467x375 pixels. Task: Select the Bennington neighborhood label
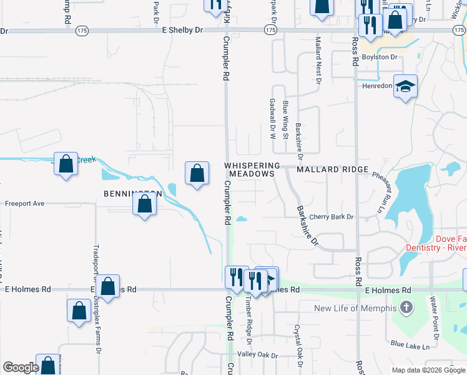(132, 194)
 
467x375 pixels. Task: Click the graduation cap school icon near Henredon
(405, 87)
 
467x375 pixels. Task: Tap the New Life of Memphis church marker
(406, 308)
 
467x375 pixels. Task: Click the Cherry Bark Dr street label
(331, 217)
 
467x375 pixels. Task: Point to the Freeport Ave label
(25, 204)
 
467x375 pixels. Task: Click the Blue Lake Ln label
(411, 344)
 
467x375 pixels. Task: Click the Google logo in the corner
(20, 367)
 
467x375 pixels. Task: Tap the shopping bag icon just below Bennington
(145, 204)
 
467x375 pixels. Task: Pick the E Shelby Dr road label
(182, 29)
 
